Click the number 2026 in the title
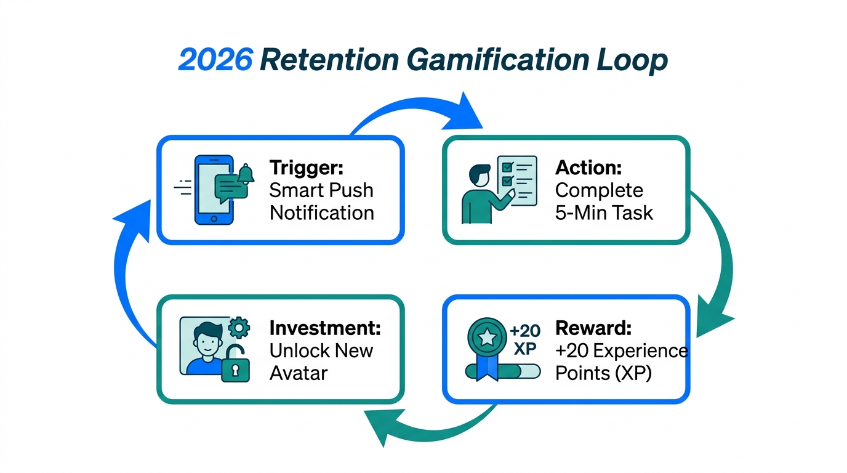tap(215, 61)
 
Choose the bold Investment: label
tap(325, 328)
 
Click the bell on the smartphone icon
tap(246, 174)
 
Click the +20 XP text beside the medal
tap(525, 339)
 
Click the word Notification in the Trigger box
tap(321, 213)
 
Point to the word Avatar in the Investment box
tap(298, 373)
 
